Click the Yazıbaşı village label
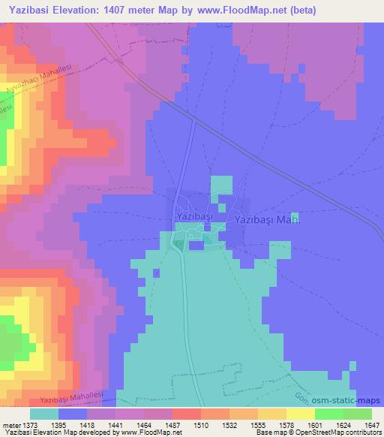(194, 216)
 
